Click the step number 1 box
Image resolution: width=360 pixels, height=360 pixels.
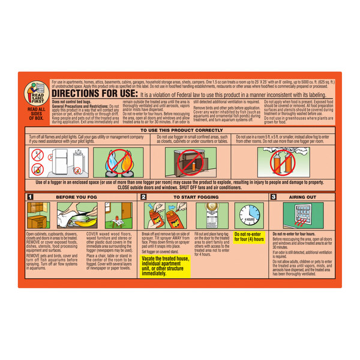(x=29, y=196)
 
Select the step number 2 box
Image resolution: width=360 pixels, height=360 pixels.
(x=143, y=196)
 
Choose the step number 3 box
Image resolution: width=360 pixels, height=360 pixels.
(x=274, y=196)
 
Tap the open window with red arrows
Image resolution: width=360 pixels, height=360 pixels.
(x=304, y=215)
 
